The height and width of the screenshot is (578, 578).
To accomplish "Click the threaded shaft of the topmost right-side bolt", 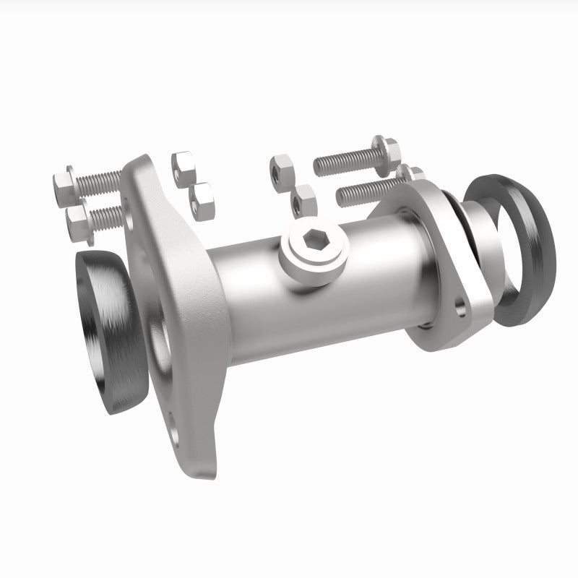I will [x=343, y=161].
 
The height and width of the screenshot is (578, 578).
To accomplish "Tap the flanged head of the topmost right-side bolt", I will [x=388, y=148].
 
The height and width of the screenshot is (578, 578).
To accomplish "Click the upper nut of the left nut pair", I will [x=184, y=165].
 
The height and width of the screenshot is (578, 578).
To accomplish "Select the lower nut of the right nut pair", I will [x=304, y=200].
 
